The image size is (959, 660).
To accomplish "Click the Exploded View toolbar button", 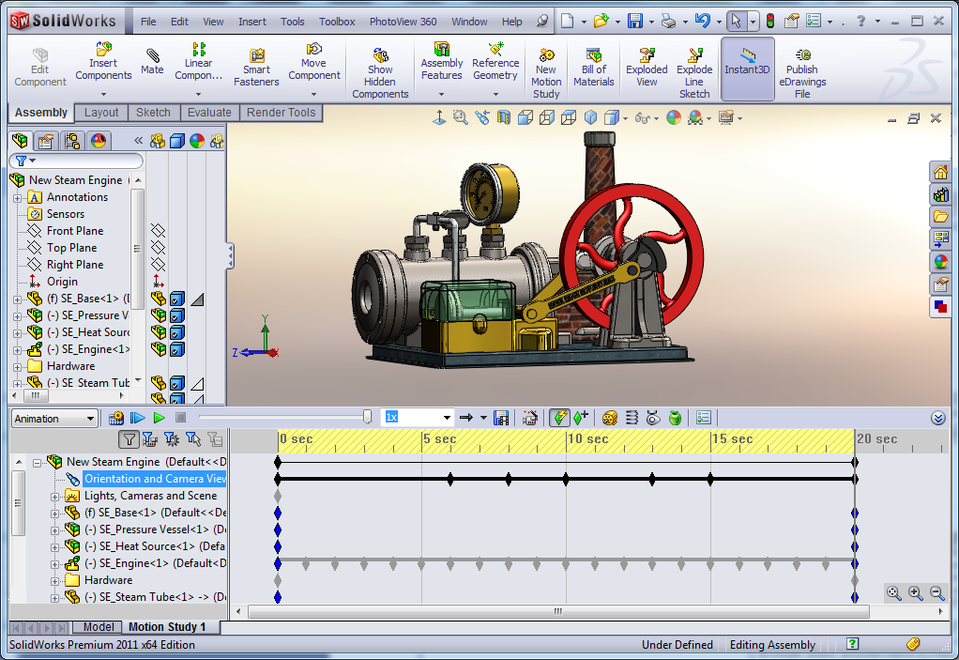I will click(647, 69).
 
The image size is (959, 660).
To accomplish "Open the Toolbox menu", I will click(337, 22).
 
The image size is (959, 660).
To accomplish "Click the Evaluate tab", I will click(208, 113).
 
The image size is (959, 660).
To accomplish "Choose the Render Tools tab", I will click(281, 113).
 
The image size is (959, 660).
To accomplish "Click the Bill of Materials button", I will click(593, 69).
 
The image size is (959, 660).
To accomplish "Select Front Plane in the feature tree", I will click(74, 231).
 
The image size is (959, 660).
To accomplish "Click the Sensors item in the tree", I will click(65, 214).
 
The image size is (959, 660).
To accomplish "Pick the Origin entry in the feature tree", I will click(62, 282).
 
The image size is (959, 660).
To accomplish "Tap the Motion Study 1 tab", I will click(166, 627).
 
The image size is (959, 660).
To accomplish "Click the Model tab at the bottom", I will click(99, 627).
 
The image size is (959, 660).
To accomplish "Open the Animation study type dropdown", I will click(53, 419).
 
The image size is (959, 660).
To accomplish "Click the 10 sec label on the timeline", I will click(587, 439).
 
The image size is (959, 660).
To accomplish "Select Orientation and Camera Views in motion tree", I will click(155, 479).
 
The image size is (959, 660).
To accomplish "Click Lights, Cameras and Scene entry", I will click(150, 496).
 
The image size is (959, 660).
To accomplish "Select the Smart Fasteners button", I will click(256, 69).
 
